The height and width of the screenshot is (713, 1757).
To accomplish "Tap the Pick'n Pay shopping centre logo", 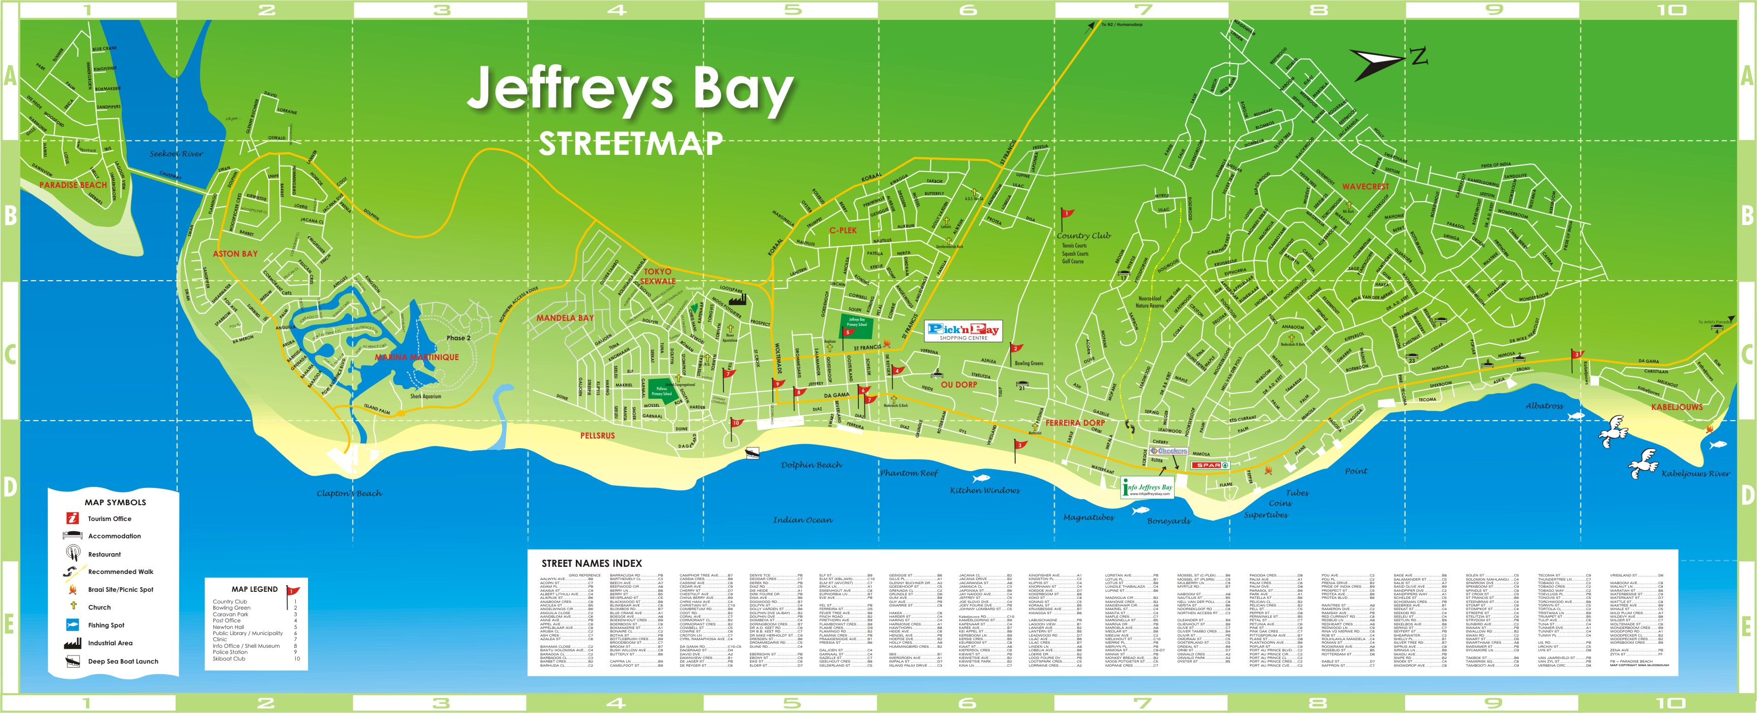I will (x=963, y=331).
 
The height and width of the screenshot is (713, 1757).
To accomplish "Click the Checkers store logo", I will (x=1169, y=451).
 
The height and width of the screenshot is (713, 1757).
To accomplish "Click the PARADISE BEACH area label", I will (x=73, y=185).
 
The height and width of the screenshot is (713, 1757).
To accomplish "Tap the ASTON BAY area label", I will (x=235, y=254).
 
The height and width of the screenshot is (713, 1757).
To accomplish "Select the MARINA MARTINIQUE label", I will (x=417, y=358).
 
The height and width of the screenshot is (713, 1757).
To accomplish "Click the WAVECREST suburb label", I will (x=1365, y=186).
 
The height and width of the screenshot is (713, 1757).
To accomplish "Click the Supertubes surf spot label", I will (x=1265, y=515).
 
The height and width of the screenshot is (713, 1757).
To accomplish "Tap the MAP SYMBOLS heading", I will (x=115, y=502).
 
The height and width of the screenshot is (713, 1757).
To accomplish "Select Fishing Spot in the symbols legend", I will (x=106, y=625).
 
